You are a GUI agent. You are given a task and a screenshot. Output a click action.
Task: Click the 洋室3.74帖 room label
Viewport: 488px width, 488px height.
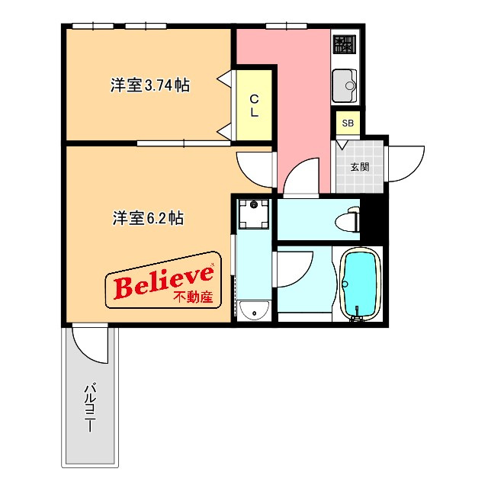pos(149,85)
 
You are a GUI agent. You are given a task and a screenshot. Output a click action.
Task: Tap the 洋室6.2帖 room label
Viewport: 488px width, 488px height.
pos(148,218)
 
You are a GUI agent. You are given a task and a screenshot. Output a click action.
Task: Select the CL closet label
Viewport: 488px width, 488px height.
pos(254,106)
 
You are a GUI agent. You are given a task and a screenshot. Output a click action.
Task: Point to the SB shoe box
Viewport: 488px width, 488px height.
pos(348,123)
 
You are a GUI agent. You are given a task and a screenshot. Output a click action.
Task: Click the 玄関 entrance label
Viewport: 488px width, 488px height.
pos(360,167)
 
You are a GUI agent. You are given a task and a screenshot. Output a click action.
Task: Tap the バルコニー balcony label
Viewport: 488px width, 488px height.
pos(90,409)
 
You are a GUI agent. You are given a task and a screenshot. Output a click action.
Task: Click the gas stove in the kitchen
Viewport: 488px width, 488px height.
pos(345,44)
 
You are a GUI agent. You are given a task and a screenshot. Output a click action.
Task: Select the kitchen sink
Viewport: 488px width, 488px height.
pos(345,85)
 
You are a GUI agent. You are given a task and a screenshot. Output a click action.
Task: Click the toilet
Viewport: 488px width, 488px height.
pos(348,219)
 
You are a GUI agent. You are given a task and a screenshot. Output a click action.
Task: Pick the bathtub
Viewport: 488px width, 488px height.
pos(361,284)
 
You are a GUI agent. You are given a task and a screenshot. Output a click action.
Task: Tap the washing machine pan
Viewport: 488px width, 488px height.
pos(254,213)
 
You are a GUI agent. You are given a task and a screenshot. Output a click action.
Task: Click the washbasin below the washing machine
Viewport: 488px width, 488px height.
pos(254,310)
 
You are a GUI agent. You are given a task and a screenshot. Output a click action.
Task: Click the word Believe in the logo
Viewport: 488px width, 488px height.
pos(164,282)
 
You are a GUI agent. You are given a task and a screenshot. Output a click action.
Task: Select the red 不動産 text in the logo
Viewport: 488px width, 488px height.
pos(193,297)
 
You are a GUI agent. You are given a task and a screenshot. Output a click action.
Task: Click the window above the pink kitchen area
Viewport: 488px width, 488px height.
pos(287,26)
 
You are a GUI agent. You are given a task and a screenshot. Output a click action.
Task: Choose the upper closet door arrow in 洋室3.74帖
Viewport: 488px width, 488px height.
pos(224,78)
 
